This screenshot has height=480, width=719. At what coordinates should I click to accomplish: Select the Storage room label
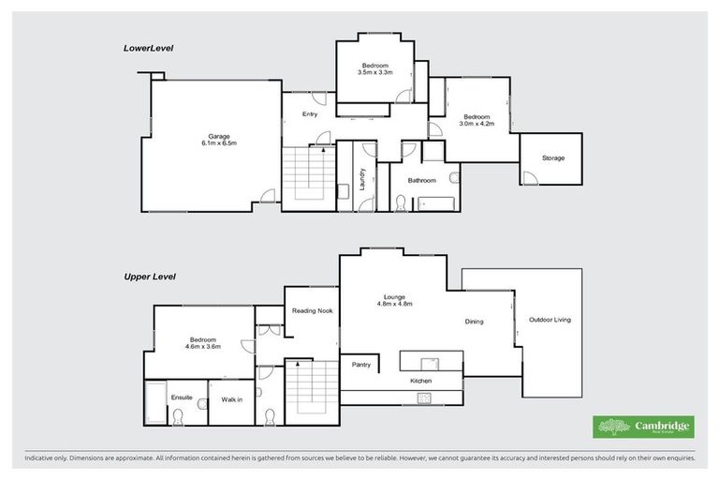[553, 158]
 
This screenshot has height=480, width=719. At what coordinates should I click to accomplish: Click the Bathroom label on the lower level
[422, 180]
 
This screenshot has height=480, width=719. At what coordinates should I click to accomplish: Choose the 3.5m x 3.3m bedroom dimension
[375, 71]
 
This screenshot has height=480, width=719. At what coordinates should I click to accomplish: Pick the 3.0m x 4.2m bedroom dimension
[476, 123]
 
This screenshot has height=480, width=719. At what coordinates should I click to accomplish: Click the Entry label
[310, 114]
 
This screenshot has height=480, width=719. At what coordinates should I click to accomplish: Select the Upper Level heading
[151, 277]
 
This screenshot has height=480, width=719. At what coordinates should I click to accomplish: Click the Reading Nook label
[311, 310]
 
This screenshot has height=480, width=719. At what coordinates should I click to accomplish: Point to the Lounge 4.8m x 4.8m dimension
[395, 304]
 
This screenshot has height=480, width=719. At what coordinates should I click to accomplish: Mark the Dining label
[475, 322]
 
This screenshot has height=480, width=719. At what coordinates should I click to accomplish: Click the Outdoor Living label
[550, 320]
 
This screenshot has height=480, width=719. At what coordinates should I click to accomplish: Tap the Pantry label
[362, 365]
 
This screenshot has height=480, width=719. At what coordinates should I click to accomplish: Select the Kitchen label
[420, 382]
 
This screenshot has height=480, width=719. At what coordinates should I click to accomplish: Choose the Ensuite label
[182, 397]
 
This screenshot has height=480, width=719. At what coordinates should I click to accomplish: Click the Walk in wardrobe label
[232, 399]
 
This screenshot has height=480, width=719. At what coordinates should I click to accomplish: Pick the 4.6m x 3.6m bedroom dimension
[203, 346]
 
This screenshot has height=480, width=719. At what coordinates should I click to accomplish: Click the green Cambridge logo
[645, 427]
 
